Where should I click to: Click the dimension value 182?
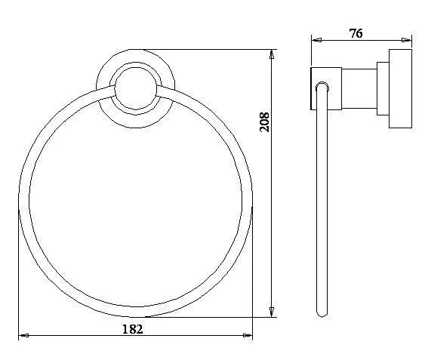[x=133, y=329]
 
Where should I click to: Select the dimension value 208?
[x=264, y=122]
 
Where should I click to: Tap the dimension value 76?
[x=356, y=33]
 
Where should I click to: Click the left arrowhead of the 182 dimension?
[x=23, y=336]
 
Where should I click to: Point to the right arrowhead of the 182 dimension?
[x=248, y=336]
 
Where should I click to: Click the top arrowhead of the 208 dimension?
[x=272, y=54]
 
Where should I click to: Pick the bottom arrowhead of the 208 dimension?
[x=272, y=312]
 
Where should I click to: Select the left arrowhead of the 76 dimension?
[x=316, y=40]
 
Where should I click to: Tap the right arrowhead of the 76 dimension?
[x=406, y=40]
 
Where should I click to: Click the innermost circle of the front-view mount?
[x=136, y=67]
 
